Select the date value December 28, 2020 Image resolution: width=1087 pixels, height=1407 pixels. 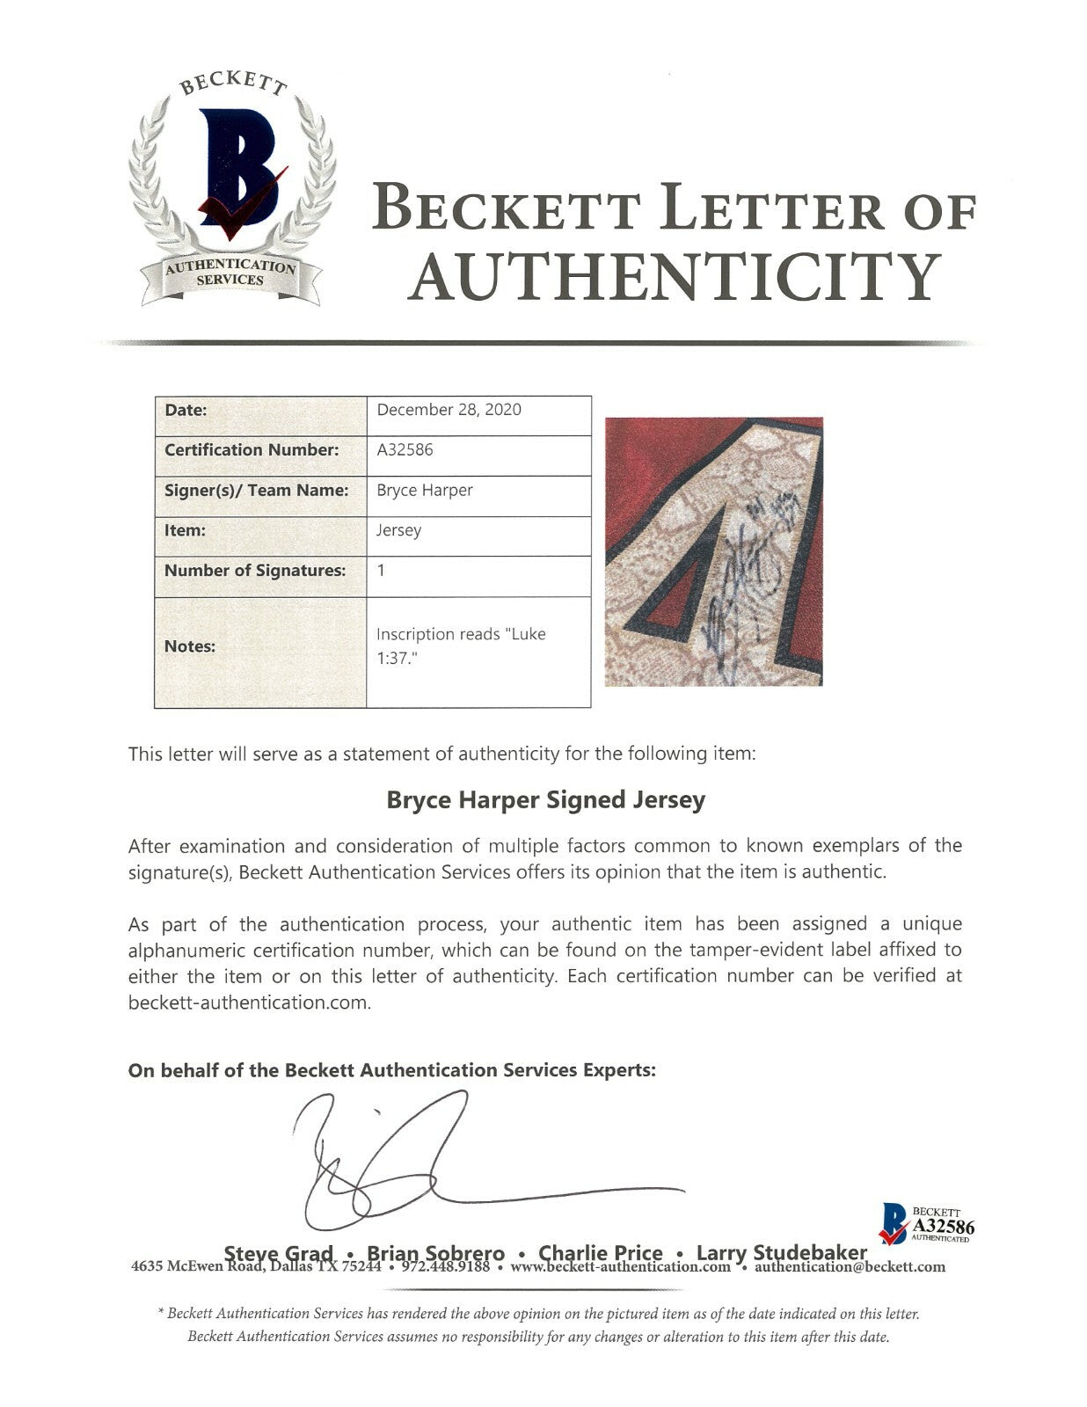449,410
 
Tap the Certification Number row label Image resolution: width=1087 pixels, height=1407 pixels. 252,450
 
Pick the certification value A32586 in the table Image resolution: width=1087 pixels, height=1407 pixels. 405,450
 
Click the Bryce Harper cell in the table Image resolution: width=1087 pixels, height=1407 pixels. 425,491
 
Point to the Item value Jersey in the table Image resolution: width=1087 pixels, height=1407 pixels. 398,531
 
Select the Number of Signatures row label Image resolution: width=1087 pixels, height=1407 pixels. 255,571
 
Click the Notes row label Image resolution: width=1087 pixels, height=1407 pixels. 190,646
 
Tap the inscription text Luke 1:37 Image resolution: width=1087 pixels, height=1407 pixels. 461,645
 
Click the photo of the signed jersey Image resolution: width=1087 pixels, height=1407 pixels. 713,551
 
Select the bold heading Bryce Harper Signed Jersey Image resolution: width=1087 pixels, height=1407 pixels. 546,800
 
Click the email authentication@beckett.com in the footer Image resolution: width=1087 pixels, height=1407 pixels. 850,1267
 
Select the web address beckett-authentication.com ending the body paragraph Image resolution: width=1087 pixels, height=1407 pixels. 249,1003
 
